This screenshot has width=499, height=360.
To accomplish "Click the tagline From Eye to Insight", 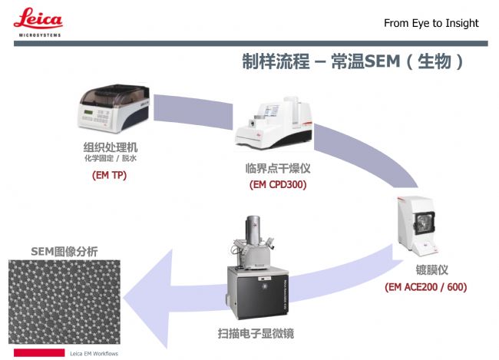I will pos(431,23).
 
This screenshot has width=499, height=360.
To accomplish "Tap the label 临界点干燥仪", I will pos(277,168).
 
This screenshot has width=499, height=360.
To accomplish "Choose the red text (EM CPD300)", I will pos(277,184).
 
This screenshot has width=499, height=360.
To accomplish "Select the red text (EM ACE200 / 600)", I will pos(426,287).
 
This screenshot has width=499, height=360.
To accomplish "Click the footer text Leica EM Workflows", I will pos(94,353).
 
